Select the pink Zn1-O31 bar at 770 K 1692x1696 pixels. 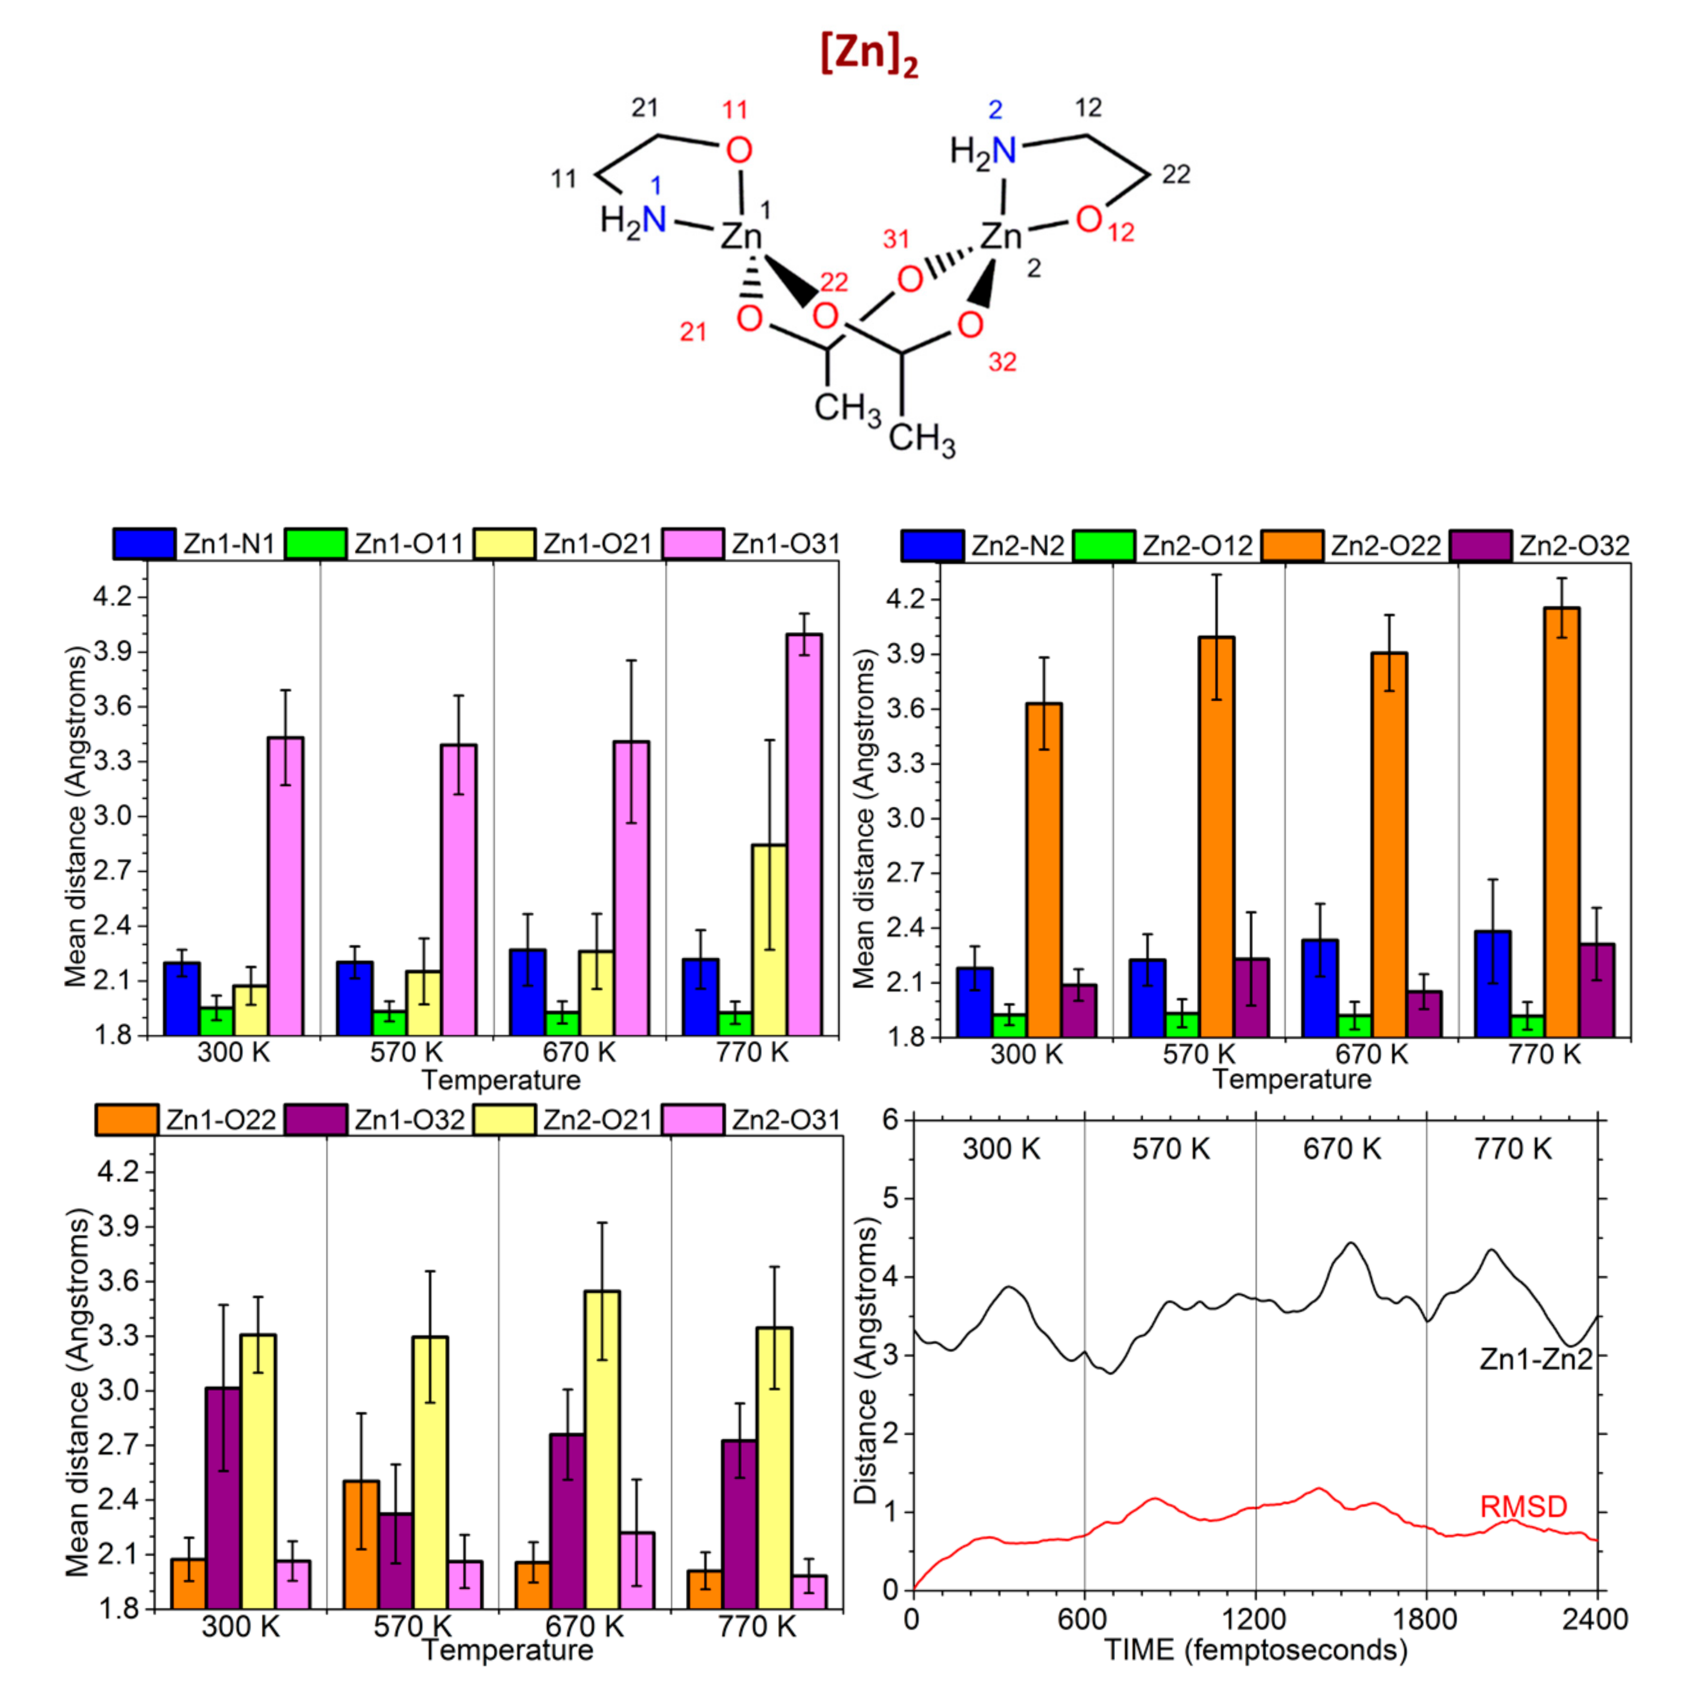pos(804,834)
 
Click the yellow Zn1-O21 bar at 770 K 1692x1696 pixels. pos(770,939)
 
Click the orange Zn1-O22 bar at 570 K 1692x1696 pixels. pos(361,1545)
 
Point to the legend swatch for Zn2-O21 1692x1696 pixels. pos(504,1120)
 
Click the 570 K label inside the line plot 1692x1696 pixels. pos(1170,1149)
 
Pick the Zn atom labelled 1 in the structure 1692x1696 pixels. pos(740,235)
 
